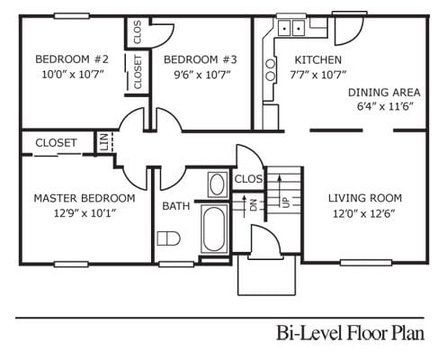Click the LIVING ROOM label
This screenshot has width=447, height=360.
tap(364, 198)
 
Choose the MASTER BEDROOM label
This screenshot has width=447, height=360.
tap(85, 198)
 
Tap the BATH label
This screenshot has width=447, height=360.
tap(175, 206)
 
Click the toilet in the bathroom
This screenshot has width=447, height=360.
tap(166, 239)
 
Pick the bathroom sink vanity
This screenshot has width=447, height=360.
tap(217, 185)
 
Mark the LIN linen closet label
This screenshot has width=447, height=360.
tap(104, 143)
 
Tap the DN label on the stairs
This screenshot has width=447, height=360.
tap(253, 204)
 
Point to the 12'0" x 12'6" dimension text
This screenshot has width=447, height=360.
tap(364, 213)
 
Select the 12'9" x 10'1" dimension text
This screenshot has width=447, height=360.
tap(85, 213)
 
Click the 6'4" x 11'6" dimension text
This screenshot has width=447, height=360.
tap(384, 106)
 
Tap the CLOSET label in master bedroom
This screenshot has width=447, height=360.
tap(56, 142)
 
